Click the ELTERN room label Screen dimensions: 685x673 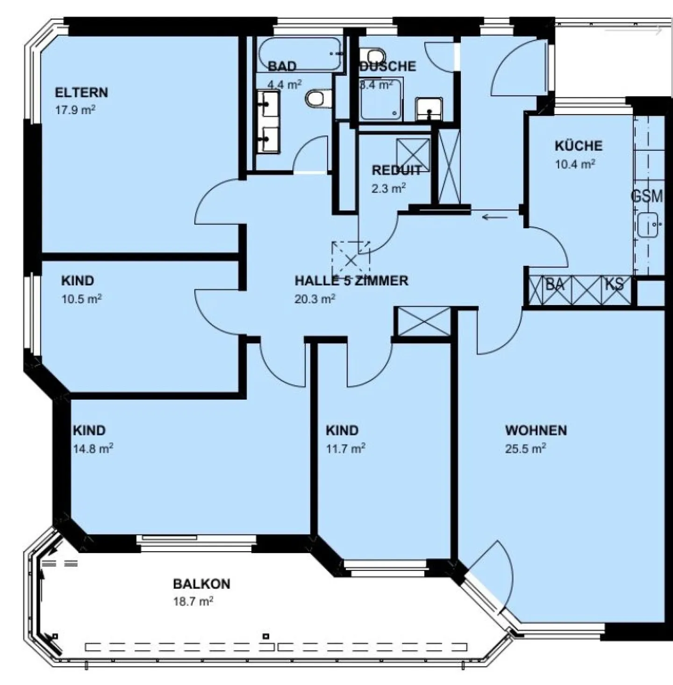point(81,92)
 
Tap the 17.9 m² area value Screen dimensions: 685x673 point(75,110)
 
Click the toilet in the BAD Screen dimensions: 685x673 point(318,99)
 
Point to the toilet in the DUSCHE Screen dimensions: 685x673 point(375,54)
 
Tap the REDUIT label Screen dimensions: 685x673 point(396,170)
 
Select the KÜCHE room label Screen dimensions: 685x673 point(578,146)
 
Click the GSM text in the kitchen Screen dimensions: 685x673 point(647,196)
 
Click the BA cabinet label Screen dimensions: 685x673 point(555,284)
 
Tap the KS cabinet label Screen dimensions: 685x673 point(614,284)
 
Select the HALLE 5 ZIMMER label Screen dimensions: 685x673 point(351,280)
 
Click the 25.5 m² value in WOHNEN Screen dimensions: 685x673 point(525,449)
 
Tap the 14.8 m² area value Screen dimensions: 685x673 point(93,449)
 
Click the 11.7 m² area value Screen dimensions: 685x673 point(345,449)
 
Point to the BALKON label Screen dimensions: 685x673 point(201,583)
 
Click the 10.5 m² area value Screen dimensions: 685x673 point(82,299)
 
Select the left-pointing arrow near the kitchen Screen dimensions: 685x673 point(495,217)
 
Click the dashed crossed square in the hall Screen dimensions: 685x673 point(351,258)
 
